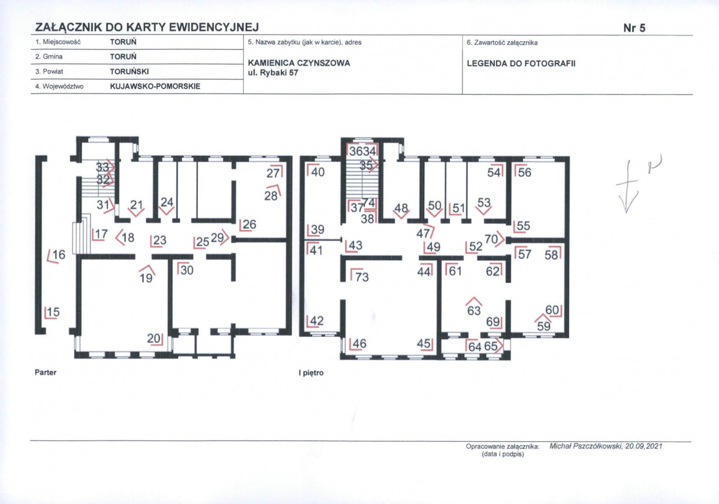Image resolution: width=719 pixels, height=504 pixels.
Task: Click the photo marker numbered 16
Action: pyautogui.click(x=56, y=255)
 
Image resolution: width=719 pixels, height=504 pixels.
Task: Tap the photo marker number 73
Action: pyautogui.click(x=359, y=276)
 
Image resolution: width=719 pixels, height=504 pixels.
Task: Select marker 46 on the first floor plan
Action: pyautogui.click(x=357, y=344)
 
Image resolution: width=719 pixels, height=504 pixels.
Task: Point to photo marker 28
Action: pyautogui.click(x=273, y=193)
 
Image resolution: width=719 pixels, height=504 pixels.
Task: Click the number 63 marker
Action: pyautogui.click(x=474, y=307)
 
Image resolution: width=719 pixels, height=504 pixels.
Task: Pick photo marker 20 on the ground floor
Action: pyautogui.click(x=155, y=339)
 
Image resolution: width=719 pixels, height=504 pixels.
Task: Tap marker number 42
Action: pyautogui.click(x=315, y=321)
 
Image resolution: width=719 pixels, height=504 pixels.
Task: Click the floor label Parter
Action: pyautogui.click(x=46, y=372)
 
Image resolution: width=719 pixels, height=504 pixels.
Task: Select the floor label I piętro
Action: pyautogui.click(x=311, y=373)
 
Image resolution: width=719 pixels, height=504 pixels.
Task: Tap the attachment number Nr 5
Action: pyautogui.click(x=635, y=28)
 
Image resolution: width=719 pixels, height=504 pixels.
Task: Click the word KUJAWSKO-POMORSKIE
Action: pyautogui.click(x=155, y=86)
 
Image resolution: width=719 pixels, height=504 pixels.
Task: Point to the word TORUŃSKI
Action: pyautogui.click(x=129, y=71)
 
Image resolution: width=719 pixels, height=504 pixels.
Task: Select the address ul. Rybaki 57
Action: pyautogui.click(x=273, y=73)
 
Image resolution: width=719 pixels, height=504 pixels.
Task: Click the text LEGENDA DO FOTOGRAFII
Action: pyautogui.click(x=521, y=64)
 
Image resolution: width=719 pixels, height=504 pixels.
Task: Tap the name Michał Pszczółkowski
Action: pyautogui.click(x=586, y=446)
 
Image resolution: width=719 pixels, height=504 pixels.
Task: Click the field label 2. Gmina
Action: pyautogui.click(x=49, y=56)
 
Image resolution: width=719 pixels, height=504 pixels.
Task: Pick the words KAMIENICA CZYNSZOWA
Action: pyautogui.click(x=299, y=63)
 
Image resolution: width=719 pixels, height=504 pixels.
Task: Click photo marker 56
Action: pyautogui.click(x=523, y=171)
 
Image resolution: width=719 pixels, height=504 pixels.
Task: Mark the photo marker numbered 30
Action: pyautogui.click(x=185, y=270)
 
